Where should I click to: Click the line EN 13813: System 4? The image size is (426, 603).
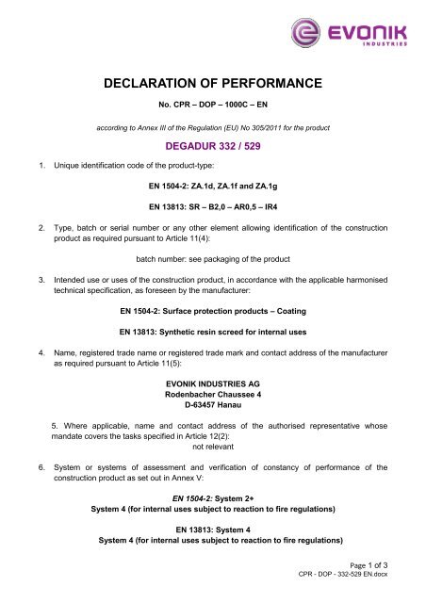[213, 547]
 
